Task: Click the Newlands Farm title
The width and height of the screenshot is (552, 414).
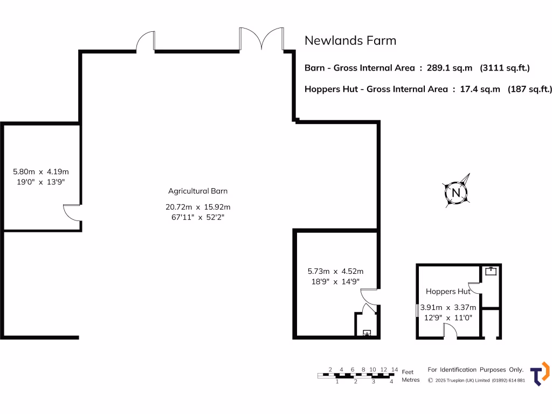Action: click(x=350, y=40)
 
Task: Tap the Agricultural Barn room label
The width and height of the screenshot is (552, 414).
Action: click(x=198, y=191)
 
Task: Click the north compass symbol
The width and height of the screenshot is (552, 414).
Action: click(x=456, y=193)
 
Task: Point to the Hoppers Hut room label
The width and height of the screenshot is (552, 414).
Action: click(x=448, y=292)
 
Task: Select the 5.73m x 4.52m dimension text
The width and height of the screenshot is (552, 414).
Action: click(x=335, y=271)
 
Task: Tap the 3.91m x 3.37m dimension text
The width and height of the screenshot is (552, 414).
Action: click(x=448, y=308)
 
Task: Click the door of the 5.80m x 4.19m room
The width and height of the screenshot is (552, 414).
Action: click(x=72, y=212)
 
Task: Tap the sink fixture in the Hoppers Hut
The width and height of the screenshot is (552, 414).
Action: click(x=491, y=271)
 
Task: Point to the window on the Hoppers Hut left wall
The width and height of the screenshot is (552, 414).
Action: click(x=417, y=311)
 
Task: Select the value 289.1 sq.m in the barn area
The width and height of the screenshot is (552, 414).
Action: click(x=449, y=68)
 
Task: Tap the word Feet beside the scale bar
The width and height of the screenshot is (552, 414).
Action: click(x=408, y=372)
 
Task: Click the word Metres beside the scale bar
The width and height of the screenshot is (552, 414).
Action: click(x=411, y=380)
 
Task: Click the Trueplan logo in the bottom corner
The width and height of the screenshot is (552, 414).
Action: click(x=539, y=374)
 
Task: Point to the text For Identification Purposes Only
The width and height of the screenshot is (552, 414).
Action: click(x=475, y=370)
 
